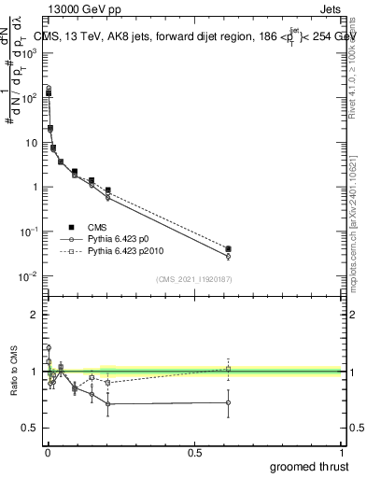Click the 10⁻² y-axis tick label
pyautogui.click(x=27, y=276)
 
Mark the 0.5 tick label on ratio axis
pyautogui.click(x=29, y=429)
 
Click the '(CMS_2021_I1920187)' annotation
pyautogui.click(x=192, y=279)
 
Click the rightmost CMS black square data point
pyautogui.click(x=228, y=249)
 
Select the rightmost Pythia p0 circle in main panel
pyautogui.click(x=228, y=256)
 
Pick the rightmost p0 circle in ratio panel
pyautogui.click(x=228, y=402)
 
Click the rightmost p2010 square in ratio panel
pyautogui.click(x=228, y=369)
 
